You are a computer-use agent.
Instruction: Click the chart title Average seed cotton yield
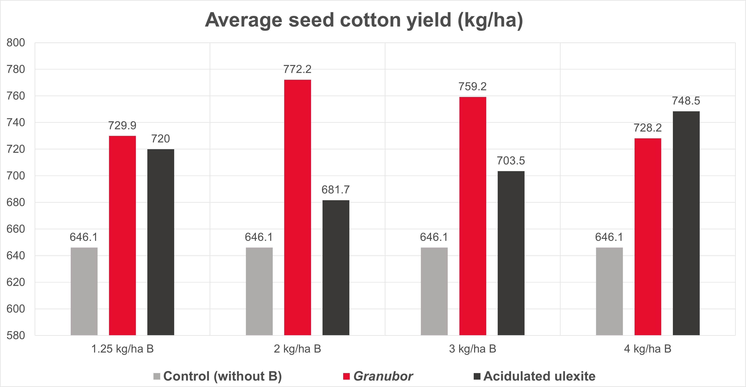(x=364, y=20)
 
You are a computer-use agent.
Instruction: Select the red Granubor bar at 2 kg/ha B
(x=297, y=207)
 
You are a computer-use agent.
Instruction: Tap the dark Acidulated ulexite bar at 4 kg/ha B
(x=686, y=223)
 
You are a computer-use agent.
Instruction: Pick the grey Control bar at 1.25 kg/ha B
(x=84, y=291)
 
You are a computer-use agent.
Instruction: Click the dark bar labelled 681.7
(x=336, y=267)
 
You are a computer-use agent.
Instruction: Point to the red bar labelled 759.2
(x=473, y=216)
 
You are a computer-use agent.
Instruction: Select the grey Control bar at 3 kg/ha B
(x=434, y=291)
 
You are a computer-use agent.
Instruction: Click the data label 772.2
(x=297, y=69)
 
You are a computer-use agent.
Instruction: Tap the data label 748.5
(x=686, y=101)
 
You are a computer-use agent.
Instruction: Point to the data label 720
(x=160, y=139)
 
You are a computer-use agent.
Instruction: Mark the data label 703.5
(x=511, y=161)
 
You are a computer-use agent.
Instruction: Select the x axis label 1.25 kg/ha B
(x=122, y=349)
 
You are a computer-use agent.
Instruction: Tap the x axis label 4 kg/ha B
(x=647, y=349)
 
